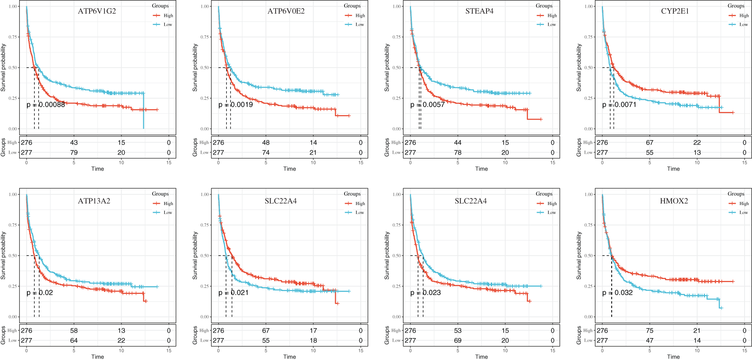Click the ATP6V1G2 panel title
(97, 11)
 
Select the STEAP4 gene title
(479, 11)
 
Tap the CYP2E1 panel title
(675, 11)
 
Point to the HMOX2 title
(674, 201)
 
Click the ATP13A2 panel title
(94, 201)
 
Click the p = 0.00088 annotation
(46, 104)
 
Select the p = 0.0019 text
(235, 104)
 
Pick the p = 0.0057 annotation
(427, 104)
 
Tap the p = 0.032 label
(617, 292)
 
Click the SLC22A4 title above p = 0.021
(280, 201)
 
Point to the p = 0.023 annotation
(425, 292)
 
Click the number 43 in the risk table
(74, 142)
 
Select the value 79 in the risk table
(74, 152)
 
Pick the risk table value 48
(266, 142)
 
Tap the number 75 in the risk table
(650, 330)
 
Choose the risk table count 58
(74, 330)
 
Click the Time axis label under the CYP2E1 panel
(673, 169)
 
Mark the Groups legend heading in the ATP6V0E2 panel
(352, 6)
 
